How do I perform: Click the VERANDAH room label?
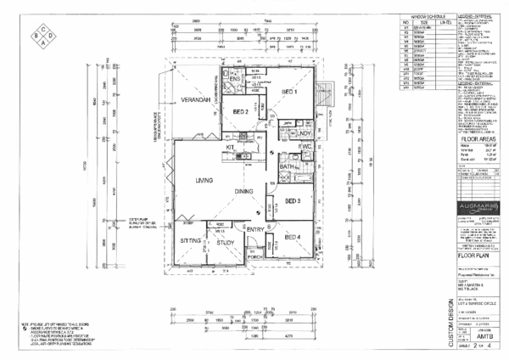(x=194, y=99)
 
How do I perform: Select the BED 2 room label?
(x=239, y=111)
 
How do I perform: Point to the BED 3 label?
(x=294, y=200)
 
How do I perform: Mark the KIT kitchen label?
(x=230, y=148)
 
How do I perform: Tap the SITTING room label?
(x=190, y=241)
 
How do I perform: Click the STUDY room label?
(x=225, y=242)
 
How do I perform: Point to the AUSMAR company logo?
(x=474, y=209)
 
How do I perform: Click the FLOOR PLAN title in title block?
(x=475, y=255)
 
